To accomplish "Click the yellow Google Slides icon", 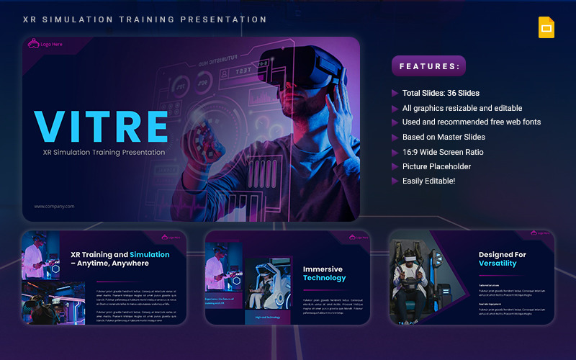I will pyautogui.click(x=546, y=27).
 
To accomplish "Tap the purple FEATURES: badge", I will pyautogui.click(x=428, y=66).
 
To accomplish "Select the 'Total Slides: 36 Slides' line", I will pyautogui.click(x=441, y=93).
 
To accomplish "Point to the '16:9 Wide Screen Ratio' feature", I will pyautogui.click(x=443, y=152).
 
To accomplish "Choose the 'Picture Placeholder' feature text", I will pyautogui.click(x=436, y=166).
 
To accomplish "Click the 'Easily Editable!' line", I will pyautogui.click(x=428, y=181).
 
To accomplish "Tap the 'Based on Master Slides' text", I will pyautogui.click(x=444, y=137).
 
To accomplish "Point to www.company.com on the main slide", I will pyautogui.click(x=54, y=207).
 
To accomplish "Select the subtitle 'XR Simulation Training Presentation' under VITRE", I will pyautogui.click(x=104, y=152).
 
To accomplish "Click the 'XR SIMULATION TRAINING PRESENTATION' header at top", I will pyautogui.click(x=145, y=19).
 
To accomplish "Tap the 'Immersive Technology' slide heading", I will pyautogui.click(x=323, y=274).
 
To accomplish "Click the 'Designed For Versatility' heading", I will pyautogui.click(x=503, y=259).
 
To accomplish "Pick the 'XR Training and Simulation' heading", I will pyautogui.click(x=120, y=258).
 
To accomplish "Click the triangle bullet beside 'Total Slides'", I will pyautogui.click(x=395, y=93).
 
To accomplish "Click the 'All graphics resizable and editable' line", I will pyautogui.click(x=463, y=108).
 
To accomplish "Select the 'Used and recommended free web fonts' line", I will pyautogui.click(x=472, y=122).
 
